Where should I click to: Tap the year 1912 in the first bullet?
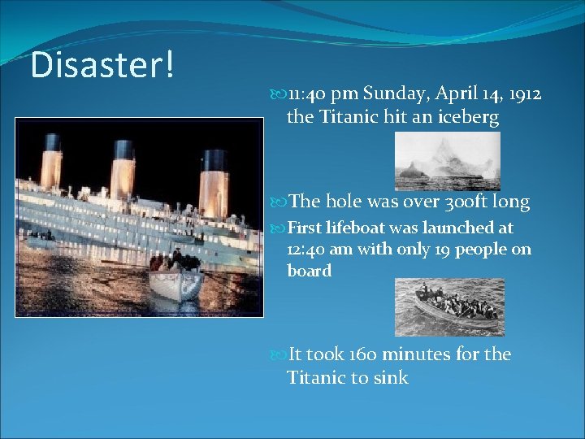click(522, 94)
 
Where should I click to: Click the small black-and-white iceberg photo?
click(447, 161)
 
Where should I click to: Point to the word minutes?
click(418, 354)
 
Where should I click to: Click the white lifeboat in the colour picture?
click(175, 285)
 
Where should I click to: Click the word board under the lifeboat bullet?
click(310, 271)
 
